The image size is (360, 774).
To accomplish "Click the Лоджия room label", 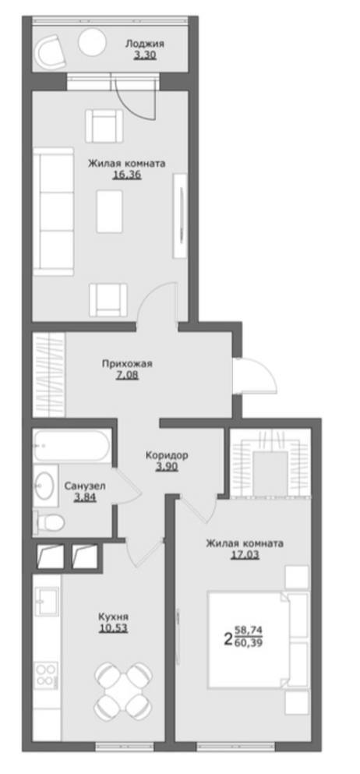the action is coord(144,44).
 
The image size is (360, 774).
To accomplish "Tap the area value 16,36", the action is coord(127,175).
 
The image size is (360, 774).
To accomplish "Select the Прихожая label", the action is coord(127,364).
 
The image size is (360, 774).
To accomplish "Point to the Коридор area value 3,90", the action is coord(167,466).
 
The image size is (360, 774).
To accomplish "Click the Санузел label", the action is coord(85,486).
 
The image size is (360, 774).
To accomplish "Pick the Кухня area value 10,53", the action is coord(113,628).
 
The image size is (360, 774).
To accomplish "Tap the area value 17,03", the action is coord(245,555).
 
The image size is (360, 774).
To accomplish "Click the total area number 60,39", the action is coord(248,644).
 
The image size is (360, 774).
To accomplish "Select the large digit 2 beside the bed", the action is coord(228,639).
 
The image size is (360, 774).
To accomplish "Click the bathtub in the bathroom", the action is coord(72,445).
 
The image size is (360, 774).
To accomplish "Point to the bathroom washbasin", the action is coord(45,486).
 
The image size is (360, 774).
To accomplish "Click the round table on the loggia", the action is coord(92,41).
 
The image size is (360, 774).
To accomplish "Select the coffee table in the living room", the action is coord(109,211).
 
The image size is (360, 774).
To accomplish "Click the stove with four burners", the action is coord(46,675).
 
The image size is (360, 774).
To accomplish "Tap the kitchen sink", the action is coord(46,601).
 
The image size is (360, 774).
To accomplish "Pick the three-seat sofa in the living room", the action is coord(53,211).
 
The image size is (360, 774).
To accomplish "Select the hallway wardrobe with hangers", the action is coord(49,374).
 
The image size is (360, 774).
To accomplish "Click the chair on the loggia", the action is coord(52,52).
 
